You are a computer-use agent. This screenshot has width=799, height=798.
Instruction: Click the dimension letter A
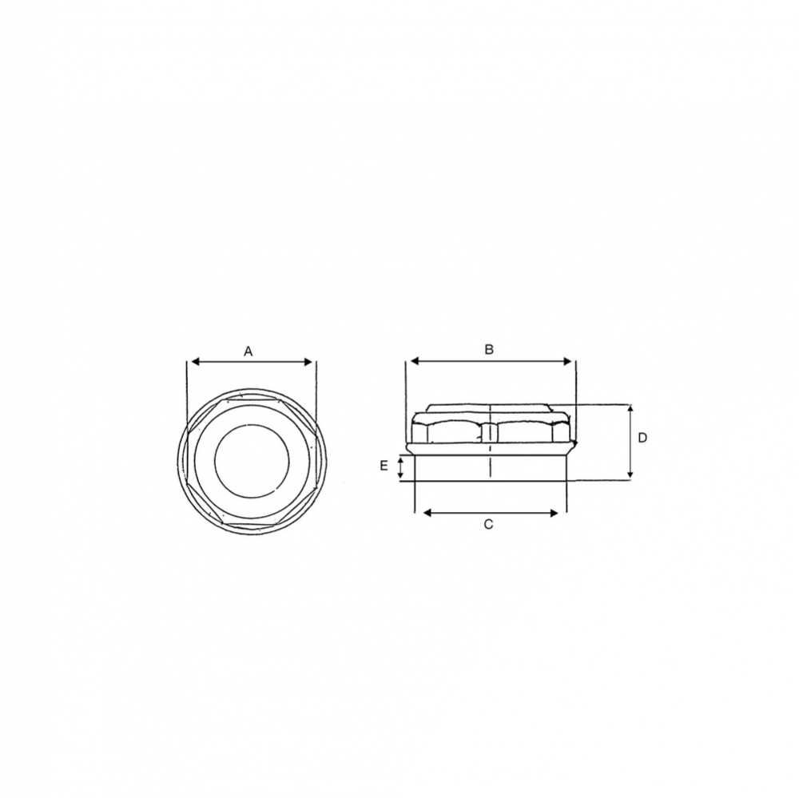[x=248, y=351]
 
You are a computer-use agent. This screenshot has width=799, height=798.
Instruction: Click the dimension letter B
[x=489, y=350]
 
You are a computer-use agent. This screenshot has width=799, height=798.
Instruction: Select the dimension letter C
[x=488, y=524]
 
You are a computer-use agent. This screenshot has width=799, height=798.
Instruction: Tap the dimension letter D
[x=642, y=438]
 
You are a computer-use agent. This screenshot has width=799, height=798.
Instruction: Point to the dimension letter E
[x=384, y=465]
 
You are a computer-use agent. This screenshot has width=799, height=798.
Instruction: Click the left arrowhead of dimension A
[x=195, y=363]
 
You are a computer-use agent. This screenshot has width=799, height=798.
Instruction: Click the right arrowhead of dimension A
[x=308, y=363]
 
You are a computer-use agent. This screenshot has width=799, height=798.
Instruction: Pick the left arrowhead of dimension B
[x=415, y=361]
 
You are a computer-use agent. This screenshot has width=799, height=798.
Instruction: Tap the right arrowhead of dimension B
[x=567, y=361]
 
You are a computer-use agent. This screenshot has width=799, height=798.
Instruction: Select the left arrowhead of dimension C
[x=428, y=513]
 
